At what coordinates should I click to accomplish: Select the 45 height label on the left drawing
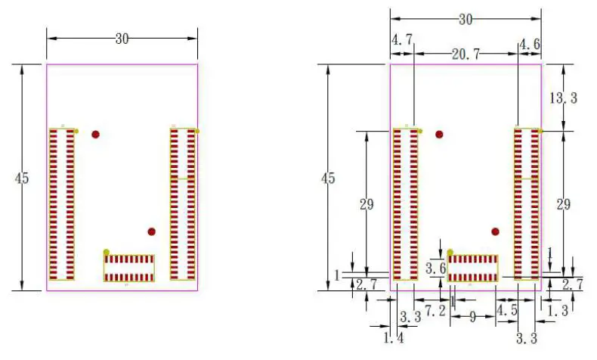pyautogui.click(x=22, y=178)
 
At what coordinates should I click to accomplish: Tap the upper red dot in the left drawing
pyautogui.click(x=95, y=135)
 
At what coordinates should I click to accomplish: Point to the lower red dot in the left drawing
pyautogui.click(x=152, y=231)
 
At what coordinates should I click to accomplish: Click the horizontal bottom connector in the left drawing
pyautogui.click(x=129, y=268)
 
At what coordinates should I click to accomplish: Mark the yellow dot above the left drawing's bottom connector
pyautogui.click(x=107, y=252)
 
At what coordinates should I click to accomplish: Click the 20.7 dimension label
pyautogui.click(x=466, y=54)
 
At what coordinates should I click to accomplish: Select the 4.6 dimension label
pyautogui.click(x=529, y=45)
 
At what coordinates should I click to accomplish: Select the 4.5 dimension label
pyautogui.click(x=506, y=310)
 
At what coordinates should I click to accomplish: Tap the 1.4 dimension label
pyautogui.click(x=394, y=338)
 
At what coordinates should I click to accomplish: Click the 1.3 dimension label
pyautogui.click(x=557, y=310)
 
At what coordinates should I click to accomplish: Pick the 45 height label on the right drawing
pyautogui.click(x=328, y=178)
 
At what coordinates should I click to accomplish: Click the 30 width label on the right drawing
pyautogui.click(x=466, y=20)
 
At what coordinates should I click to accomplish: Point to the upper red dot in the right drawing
pyautogui.click(x=439, y=135)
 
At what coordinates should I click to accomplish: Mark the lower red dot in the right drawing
pyautogui.click(x=496, y=231)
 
